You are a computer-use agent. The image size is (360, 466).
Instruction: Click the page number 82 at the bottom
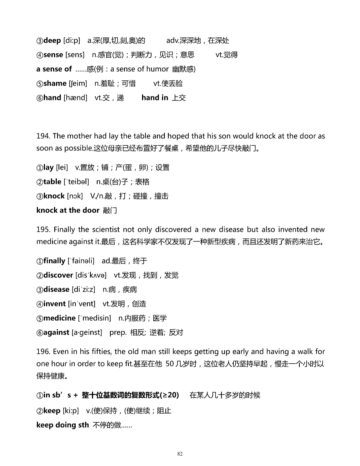[x=180, y=454]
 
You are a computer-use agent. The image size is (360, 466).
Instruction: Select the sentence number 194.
[x=43, y=136]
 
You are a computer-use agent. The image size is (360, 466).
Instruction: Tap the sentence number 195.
[x=43, y=229]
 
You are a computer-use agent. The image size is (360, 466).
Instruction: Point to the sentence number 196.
[x=43, y=352]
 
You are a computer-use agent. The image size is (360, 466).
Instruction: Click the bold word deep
[x=52, y=41]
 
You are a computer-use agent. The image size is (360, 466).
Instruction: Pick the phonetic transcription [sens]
[x=75, y=55]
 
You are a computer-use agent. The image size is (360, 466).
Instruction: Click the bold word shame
[x=55, y=83]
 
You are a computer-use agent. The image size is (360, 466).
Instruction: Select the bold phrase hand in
[x=155, y=98]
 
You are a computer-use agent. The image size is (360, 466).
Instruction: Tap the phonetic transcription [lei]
[x=62, y=167]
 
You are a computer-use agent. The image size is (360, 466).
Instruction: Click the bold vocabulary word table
[x=52, y=182]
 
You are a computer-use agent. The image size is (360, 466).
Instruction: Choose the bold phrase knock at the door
[x=68, y=210]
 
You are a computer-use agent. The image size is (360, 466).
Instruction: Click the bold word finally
[x=54, y=261]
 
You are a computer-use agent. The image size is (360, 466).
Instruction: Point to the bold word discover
[x=58, y=275]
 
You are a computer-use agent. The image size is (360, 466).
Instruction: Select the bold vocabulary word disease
[x=56, y=290]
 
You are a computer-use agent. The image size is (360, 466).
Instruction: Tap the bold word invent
[x=54, y=304]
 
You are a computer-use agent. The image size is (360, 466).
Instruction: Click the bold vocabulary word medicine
[x=59, y=318]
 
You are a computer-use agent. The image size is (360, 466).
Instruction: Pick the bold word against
[x=56, y=333]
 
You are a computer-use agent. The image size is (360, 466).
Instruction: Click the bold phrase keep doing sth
[x=63, y=425]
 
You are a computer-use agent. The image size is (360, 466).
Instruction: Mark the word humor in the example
[x=158, y=69]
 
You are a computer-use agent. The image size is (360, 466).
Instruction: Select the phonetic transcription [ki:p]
[x=71, y=411]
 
